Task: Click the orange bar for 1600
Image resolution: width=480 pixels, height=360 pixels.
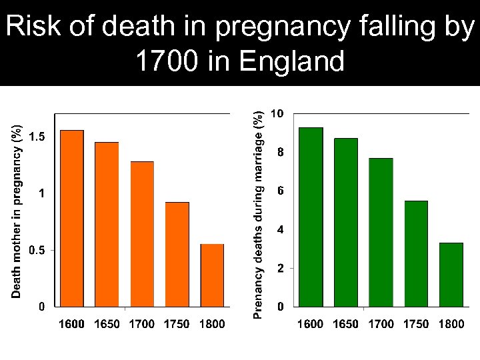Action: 72,218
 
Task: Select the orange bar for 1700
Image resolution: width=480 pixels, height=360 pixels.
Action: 142,233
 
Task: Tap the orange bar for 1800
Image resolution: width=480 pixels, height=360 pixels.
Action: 212,275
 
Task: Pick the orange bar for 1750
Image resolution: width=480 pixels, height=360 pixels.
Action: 177,254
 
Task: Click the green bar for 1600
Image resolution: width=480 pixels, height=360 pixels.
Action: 310,217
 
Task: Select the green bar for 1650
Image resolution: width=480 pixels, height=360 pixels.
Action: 345,222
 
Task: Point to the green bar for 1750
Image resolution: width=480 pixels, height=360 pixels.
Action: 416,253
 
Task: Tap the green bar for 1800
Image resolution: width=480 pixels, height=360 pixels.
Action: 451,275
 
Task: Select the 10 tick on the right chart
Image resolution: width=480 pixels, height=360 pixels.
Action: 277,114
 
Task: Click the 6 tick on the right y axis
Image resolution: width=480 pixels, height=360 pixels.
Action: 280,191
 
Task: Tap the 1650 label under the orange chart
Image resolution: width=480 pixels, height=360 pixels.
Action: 107,325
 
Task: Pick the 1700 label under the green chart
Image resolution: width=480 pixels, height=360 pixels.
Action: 381,325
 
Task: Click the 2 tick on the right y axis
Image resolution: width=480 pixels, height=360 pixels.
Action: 280,269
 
